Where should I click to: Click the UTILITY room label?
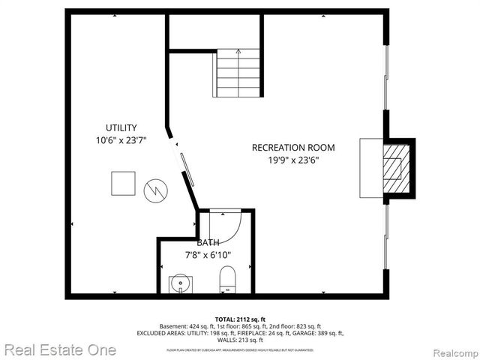pyautogui.click(x=121, y=127)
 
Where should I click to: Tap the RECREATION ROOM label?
pyautogui.click(x=292, y=147)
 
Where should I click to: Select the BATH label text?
pyautogui.click(x=208, y=243)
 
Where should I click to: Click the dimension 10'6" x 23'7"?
pyautogui.click(x=121, y=140)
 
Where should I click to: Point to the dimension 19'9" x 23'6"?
pyautogui.click(x=292, y=159)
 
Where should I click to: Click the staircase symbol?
pyautogui.click(x=238, y=73)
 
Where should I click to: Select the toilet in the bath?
pyautogui.click(x=227, y=282)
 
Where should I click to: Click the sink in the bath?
pyautogui.click(x=180, y=284)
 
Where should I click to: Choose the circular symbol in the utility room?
pyautogui.click(x=154, y=190)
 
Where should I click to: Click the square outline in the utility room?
pyautogui.click(x=123, y=183)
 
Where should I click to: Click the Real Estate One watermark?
pyautogui.click(x=59, y=349)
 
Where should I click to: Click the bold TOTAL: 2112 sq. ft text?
pyautogui.click(x=240, y=319)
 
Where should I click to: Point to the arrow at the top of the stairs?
pyautogui.click(x=238, y=52)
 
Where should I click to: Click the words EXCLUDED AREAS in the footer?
pyautogui.click(x=162, y=333)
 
